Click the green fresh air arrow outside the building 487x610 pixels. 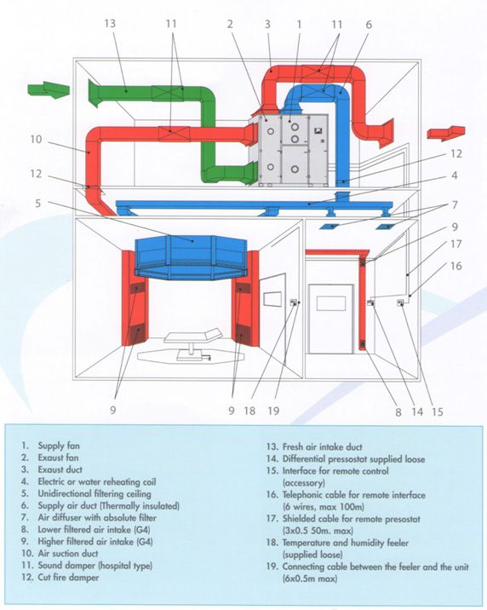(x=49, y=89)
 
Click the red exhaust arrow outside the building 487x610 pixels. (x=446, y=133)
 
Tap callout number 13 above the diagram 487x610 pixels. (x=110, y=23)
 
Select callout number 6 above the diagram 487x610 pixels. (x=369, y=25)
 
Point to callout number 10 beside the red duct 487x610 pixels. (x=36, y=139)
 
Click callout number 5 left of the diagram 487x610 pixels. (x=37, y=203)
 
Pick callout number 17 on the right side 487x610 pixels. (x=455, y=244)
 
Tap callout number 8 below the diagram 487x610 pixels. (x=398, y=412)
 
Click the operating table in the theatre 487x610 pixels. (x=192, y=344)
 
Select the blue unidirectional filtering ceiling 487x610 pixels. (x=191, y=257)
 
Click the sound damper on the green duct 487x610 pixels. (x=167, y=94)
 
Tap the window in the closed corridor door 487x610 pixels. (x=331, y=303)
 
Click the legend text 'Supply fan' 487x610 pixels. (x=59, y=446)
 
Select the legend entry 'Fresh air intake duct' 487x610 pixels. (x=322, y=447)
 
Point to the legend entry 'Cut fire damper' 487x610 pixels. (x=68, y=578)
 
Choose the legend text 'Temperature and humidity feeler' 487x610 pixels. (x=345, y=543)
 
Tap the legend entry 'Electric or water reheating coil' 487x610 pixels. (x=97, y=481)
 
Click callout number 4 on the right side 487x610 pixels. (x=455, y=176)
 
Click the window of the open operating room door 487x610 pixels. (x=272, y=298)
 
